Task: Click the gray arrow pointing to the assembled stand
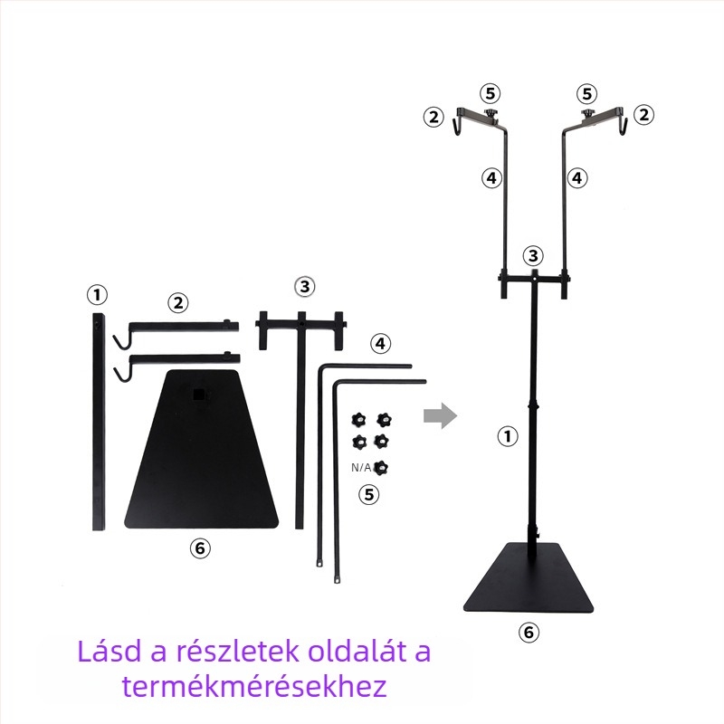point(440,415)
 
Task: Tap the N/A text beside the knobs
point(360,467)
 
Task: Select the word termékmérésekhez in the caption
point(254,686)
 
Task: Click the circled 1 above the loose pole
point(97,295)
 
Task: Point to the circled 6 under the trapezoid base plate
point(200,548)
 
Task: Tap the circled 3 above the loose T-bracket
point(305,286)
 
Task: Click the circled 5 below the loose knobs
point(369,494)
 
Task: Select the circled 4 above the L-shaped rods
point(380,344)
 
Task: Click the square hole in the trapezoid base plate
point(199,395)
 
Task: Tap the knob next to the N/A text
point(380,467)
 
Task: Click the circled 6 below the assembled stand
point(529,632)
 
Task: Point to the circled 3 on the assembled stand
point(533,255)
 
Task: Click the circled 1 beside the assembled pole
point(508,436)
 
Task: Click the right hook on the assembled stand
point(623,127)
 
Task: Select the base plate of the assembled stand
point(529,578)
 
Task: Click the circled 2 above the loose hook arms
point(178,303)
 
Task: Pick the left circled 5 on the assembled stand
point(490,93)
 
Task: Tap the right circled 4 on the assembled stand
point(577,177)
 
